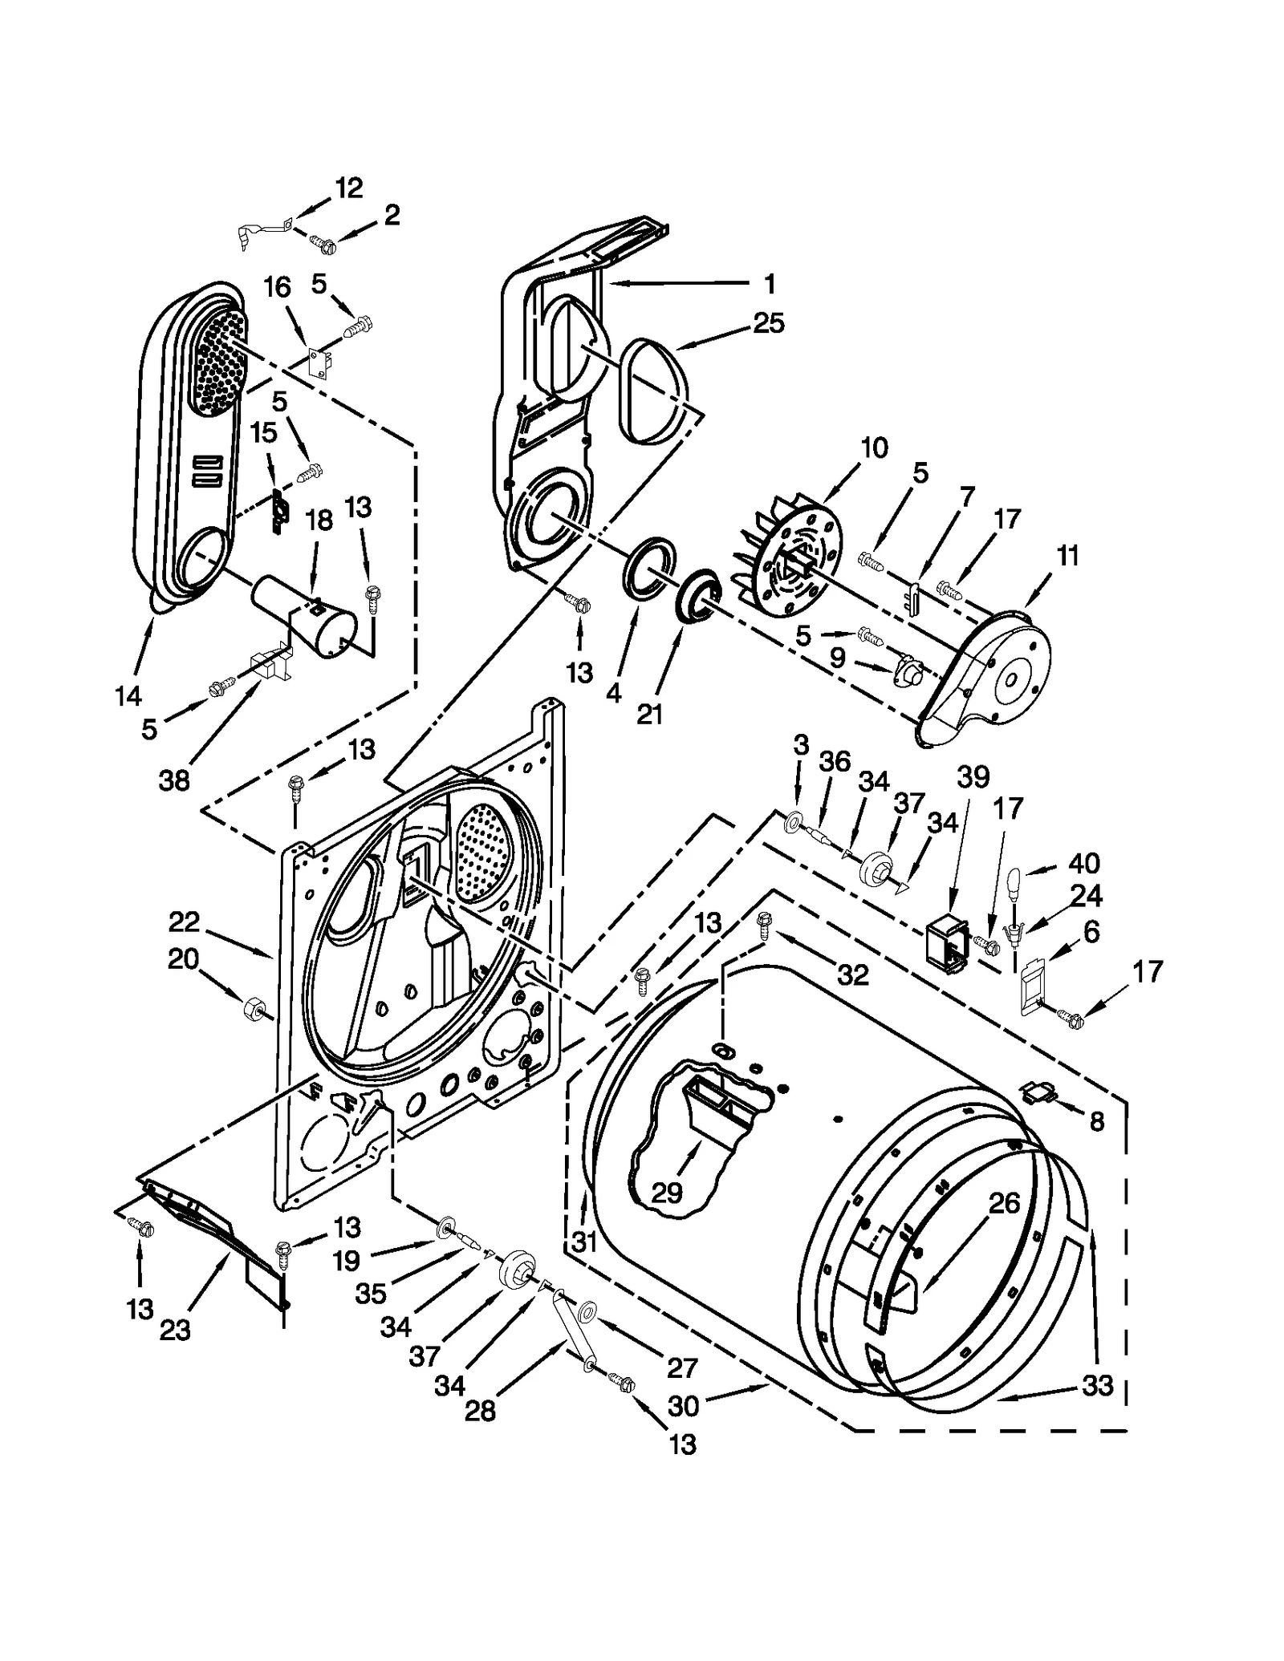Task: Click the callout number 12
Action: pos(348,188)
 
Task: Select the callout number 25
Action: pos(768,323)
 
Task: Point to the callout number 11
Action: pos(1067,556)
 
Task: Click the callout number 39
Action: pos(973,776)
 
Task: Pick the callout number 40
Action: pos(1083,864)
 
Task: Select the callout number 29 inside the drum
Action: pos(666,1193)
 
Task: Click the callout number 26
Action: pos(1003,1203)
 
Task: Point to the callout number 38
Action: pos(173,780)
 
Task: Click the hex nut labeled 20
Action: pos(250,1007)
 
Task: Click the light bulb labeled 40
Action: pos(1013,882)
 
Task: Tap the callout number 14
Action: pos(128,696)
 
